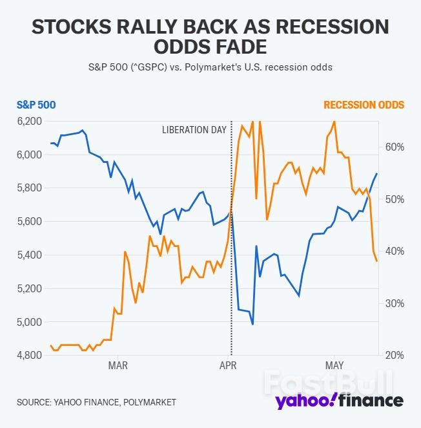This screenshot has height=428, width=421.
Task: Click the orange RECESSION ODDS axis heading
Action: [x=364, y=105]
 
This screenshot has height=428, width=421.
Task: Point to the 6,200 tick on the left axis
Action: [x=29, y=122]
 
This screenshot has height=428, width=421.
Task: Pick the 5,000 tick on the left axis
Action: [x=29, y=322]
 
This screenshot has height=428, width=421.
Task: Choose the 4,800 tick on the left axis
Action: [x=29, y=356]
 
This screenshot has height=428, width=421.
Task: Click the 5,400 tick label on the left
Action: [x=29, y=255]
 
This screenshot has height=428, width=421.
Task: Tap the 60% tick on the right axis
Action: [x=395, y=147]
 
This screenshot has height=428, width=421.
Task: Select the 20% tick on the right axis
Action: [x=395, y=356]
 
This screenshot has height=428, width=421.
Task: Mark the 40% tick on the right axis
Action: [x=395, y=251]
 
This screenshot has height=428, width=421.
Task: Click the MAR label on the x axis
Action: [x=118, y=366]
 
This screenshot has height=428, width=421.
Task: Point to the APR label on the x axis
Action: [x=228, y=366]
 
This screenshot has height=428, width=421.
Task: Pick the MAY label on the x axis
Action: [x=334, y=366]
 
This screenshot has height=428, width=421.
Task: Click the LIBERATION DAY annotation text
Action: [x=194, y=129]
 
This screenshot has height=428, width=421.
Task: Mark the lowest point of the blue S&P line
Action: [x=252, y=325]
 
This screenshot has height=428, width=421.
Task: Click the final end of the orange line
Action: [x=376, y=261]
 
